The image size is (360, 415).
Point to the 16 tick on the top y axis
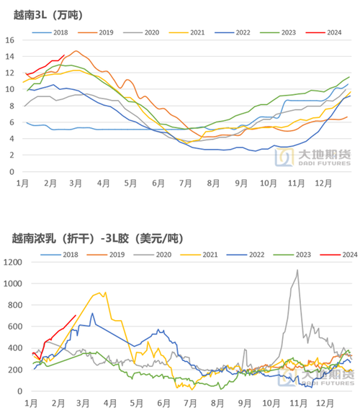[x=10, y=39]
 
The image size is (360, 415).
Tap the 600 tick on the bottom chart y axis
[x=14, y=327]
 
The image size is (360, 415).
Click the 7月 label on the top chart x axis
[x=187, y=184]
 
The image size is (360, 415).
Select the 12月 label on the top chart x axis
[x=320, y=184]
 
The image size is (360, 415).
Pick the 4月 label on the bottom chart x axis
[x=110, y=404]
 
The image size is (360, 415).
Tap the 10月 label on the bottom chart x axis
[x=269, y=404]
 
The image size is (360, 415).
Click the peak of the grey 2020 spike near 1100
[x=297, y=270]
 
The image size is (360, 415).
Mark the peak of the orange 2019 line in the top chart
[x=76, y=51]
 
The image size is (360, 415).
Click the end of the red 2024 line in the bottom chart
[x=76, y=315]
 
